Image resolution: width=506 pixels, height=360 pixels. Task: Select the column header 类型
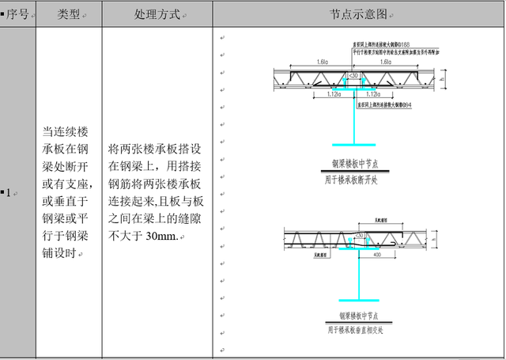tap(69, 14)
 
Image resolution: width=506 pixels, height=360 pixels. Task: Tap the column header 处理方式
tap(157, 14)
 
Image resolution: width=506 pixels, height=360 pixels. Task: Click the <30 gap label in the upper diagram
tap(354, 76)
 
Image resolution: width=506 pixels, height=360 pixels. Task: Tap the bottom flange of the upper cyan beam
tap(354, 145)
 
